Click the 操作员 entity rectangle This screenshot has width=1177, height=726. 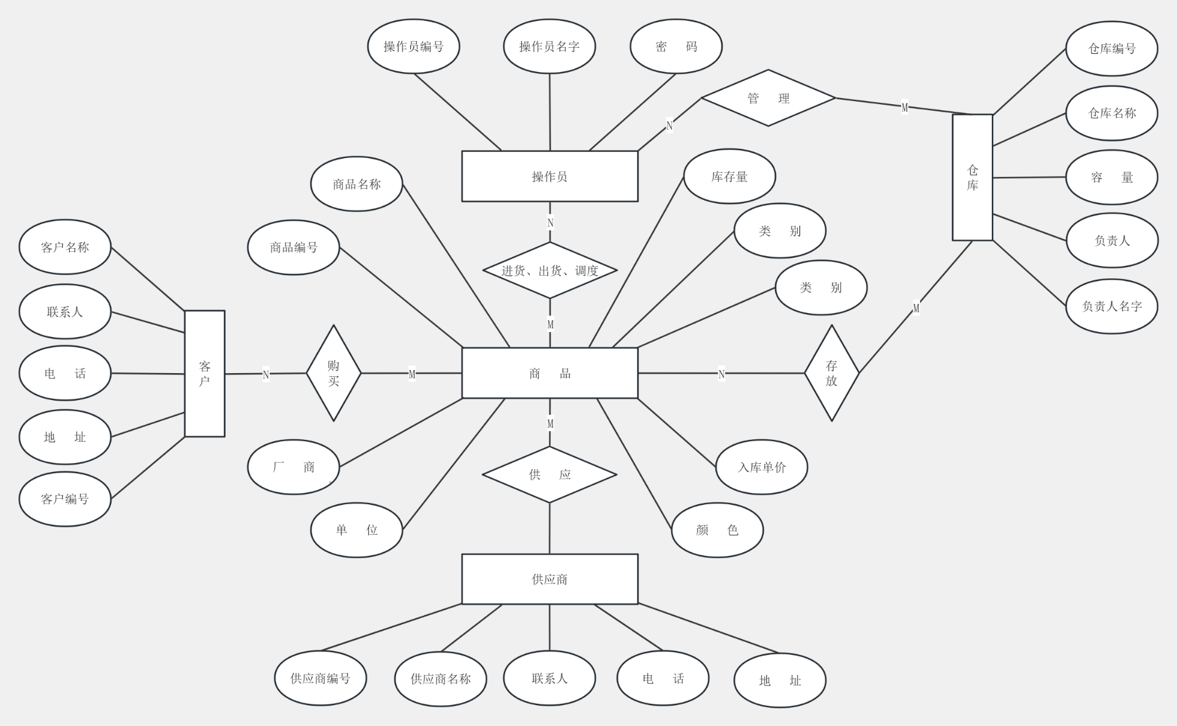[x=549, y=176]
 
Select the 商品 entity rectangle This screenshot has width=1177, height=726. [x=549, y=373]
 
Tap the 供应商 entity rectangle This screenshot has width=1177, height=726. [x=549, y=579]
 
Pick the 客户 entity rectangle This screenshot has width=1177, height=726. [x=205, y=374]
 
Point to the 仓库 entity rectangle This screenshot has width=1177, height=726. [x=972, y=178]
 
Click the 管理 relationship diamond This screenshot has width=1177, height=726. [x=768, y=98]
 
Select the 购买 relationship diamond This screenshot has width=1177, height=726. [x=333, y=373]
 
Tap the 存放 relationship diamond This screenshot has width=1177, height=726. [x=831, y=373]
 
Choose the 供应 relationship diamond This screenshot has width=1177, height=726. [x=549, y=474]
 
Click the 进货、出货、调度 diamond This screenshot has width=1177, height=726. [x=550, y=270]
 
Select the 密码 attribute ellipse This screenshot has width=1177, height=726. [x=676, y=47]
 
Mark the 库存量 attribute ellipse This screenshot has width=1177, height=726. [x=729, y=176]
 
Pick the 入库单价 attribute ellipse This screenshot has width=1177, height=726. [x=761, y=467]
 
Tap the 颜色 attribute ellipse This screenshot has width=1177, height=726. [x=717, y=530]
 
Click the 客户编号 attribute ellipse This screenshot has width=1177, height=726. [x=65, y=499]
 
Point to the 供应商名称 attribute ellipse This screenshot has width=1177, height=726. [x=441, y=679]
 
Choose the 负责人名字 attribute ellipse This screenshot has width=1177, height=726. [x=1112, y=306]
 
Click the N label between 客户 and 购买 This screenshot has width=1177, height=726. [x=266, y=374]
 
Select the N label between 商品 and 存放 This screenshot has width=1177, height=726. [x=722, y=374]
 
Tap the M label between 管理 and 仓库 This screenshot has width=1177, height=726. [x=905, y=107]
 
